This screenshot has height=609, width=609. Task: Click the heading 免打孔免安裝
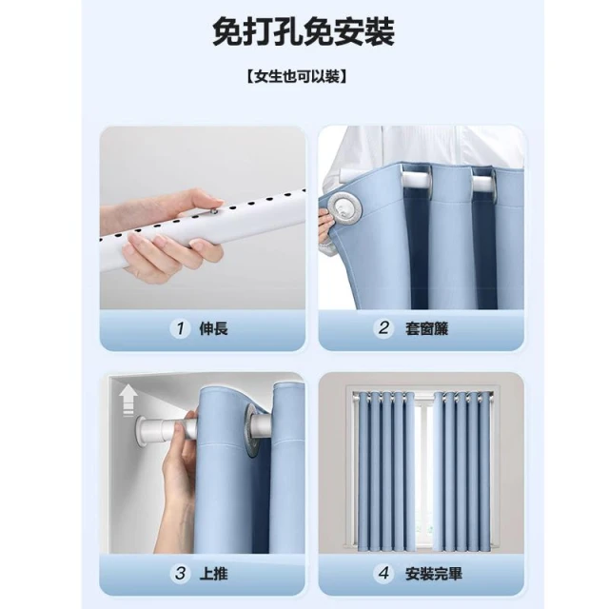(x=304, y=32)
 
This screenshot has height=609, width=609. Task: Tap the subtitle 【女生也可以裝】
(x=297, y=76)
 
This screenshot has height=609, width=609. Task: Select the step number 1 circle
(x=180, y=328)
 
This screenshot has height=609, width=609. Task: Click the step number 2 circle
(x=383, y=328)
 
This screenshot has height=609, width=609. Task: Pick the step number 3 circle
(x=180, y=573)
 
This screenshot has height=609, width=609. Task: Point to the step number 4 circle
(x=384, y=573)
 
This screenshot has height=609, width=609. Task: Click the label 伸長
(x=213, y=329)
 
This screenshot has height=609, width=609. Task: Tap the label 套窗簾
(x=426, y=329)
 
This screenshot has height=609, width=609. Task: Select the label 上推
(x=213, y=574)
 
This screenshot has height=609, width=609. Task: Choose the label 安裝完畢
(x=434, y=574)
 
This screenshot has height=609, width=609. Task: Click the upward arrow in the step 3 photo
(x=127, y=400)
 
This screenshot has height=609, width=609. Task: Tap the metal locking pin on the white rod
(x=213, y=210)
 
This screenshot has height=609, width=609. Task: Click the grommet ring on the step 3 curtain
(x=251, y=431)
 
